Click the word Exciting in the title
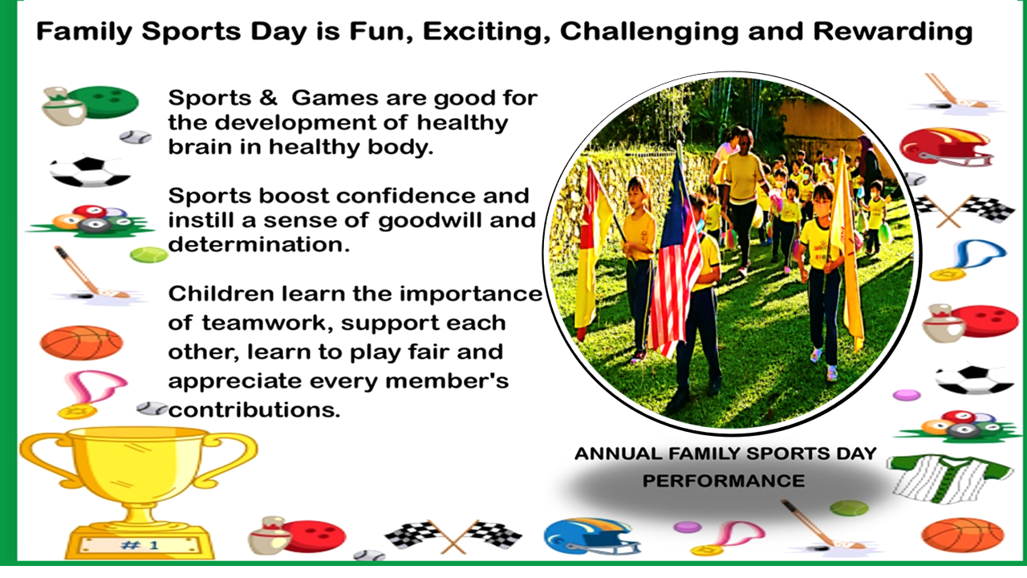pyautogui.click(x=486, y=32)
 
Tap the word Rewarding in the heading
pyautogui.click(x=893, y=32)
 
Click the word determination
pyautogui.click(x=258, y=245)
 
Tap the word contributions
pyautogui.click(x=254, y=409)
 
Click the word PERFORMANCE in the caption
pyautogui.click(x=724, y=481)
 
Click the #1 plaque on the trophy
pyautogui.click(x=140, y=545)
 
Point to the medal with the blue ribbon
pyautogui.click(x=968, y=259)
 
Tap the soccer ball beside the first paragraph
pyautogui.click(x=90, y=172)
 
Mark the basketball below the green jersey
pyautogui.click(x=962, y=535)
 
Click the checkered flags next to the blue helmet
pyautogui.click(x=454, y=535)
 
